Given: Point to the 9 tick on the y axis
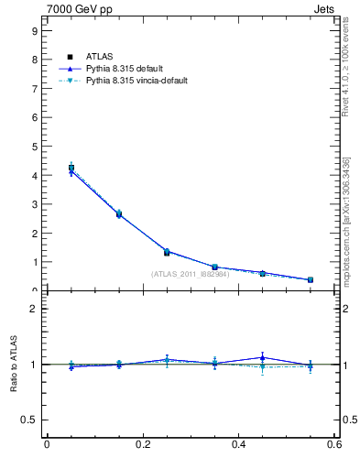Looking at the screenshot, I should point(34,31).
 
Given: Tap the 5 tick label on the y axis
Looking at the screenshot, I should point(34,147).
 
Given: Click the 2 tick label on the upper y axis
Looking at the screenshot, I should point(34,234).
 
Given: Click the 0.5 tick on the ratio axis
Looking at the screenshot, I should point(29,420).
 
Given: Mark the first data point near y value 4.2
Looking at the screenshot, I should point(71,169).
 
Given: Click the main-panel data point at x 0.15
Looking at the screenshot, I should point(119,214).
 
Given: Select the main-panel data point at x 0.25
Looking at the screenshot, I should point(167,252).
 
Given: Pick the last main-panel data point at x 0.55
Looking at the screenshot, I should point(311,279).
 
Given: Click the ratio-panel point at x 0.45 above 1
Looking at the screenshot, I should point(263,357).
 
